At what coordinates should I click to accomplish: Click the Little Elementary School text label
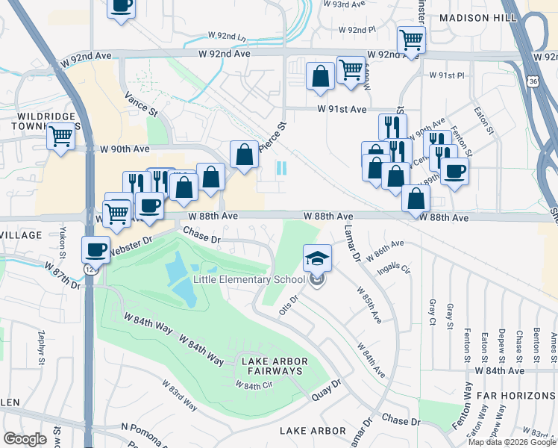tap(249, 279)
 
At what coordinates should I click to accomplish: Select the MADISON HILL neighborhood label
tap(489, 17)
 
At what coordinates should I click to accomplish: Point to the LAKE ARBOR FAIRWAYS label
tap(272, 366)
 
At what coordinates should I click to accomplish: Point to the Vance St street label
tap(142, 102)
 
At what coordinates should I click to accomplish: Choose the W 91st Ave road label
tap(342, 109)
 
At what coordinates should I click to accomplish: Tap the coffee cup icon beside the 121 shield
tap(95, 249)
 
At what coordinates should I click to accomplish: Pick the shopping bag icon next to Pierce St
tap(244, 155)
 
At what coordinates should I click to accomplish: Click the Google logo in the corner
tap(25, 439)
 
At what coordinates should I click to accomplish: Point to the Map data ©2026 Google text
tap(512, 442)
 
